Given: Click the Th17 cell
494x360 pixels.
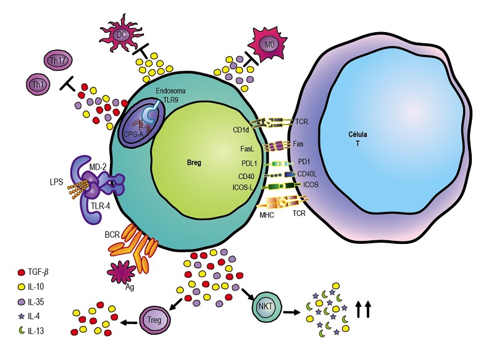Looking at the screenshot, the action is (57, 60).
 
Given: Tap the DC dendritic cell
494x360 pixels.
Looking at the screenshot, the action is (121, 35).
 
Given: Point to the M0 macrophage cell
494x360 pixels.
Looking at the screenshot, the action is (268, 44).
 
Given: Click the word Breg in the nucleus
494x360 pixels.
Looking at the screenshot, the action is (194, 163).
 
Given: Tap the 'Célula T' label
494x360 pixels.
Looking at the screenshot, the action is (358, 138).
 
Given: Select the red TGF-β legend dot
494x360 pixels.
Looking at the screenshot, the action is (22, 272).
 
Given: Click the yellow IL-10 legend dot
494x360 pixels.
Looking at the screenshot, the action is (22, 287).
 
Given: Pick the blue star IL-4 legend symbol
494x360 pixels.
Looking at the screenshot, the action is (22, 316).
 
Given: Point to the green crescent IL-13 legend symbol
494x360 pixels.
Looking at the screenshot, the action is (22, 331).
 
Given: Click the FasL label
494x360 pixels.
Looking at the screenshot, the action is (247, 149).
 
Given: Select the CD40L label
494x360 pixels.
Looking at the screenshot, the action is (307, 174).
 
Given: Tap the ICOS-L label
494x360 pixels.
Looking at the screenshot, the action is (243, 188).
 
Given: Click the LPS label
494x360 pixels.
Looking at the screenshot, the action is (57, 182).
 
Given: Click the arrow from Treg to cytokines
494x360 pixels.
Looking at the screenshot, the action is (129, 322).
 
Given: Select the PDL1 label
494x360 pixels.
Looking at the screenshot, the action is (249, 164).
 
